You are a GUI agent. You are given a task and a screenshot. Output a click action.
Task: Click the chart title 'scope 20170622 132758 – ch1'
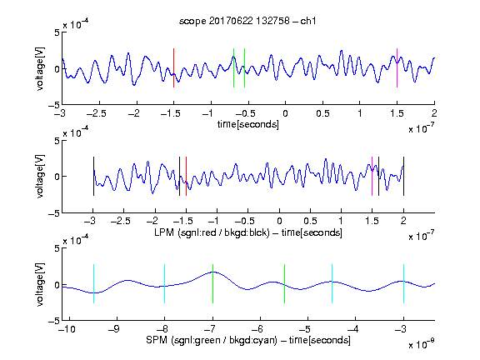point(247,21)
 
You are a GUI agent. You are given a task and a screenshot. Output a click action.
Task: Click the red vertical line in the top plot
point(173,68)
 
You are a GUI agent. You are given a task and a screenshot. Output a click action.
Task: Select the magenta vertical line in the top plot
point(397,68)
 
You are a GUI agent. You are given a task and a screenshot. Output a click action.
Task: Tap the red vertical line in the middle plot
point(186,177)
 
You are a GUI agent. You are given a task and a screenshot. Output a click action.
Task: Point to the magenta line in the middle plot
point(372,177)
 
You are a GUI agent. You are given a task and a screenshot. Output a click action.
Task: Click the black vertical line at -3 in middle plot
point(93,177)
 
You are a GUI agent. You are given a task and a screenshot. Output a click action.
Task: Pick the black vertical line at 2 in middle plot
point(403,177)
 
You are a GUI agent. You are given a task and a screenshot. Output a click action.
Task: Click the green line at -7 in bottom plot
point(212,284)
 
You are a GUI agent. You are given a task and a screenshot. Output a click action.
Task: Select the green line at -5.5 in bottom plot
point(284,284)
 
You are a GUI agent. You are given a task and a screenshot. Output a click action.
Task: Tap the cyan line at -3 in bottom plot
point(403,284)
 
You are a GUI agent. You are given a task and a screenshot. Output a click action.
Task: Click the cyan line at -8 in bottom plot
point(165,284)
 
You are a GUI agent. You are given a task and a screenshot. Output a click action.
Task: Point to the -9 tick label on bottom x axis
point(114,329)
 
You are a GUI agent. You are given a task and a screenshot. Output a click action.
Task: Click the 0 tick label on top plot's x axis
point(285,113)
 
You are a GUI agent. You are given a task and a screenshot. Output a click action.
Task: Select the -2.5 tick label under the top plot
point(97,113)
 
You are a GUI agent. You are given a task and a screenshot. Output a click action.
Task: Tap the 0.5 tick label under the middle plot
point(310,221)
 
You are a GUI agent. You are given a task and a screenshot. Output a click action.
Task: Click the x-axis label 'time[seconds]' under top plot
point(248,124)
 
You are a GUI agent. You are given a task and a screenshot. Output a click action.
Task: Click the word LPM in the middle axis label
point(164,232)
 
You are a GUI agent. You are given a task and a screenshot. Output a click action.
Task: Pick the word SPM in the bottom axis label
point(157,340)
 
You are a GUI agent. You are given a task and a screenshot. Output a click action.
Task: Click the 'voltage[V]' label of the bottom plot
point(40,284)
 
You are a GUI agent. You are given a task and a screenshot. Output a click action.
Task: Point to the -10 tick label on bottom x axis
point(67,329)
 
